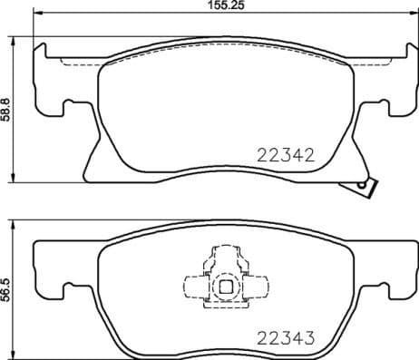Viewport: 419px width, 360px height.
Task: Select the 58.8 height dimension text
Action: click(x=6, y=109)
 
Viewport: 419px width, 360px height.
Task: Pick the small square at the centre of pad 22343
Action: click(x=223, y=288)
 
